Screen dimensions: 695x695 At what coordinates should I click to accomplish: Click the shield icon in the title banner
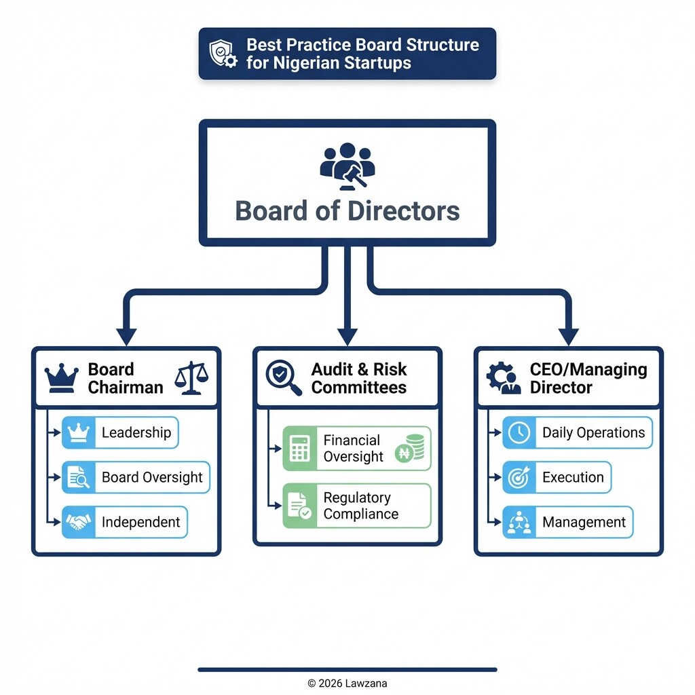pyautogui.click(x=223, y=54)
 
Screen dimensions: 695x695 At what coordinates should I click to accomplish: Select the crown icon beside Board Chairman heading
pyautogui.click(x=62, y=379)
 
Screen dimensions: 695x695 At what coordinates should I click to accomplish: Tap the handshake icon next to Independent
pyautogui.click(x=79, y=522)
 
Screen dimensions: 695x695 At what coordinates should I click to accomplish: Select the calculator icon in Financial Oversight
pyautogui.click(x=299, y=448)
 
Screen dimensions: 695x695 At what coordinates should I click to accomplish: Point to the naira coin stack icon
pyautogui.click(x=409, y=449)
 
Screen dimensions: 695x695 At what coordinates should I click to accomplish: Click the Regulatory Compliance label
pyautogui.click(x=357, y=506)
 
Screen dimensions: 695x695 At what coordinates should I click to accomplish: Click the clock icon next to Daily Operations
pyautogui.click(x=519, y=433)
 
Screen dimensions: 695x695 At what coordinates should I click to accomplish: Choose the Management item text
pyautogui.click(x=584, y=522)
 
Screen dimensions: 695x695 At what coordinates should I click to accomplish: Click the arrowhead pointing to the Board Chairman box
pyautogui.click(x=126, y=336)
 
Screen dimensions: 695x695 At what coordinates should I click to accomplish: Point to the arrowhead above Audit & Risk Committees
pyautogui.click(x=347, y=336)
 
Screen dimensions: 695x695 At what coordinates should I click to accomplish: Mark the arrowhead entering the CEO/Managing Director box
pyautogui.click(x=568, y=336)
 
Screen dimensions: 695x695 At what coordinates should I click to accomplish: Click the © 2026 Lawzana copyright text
pyautogui.click(x=347, y=683)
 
